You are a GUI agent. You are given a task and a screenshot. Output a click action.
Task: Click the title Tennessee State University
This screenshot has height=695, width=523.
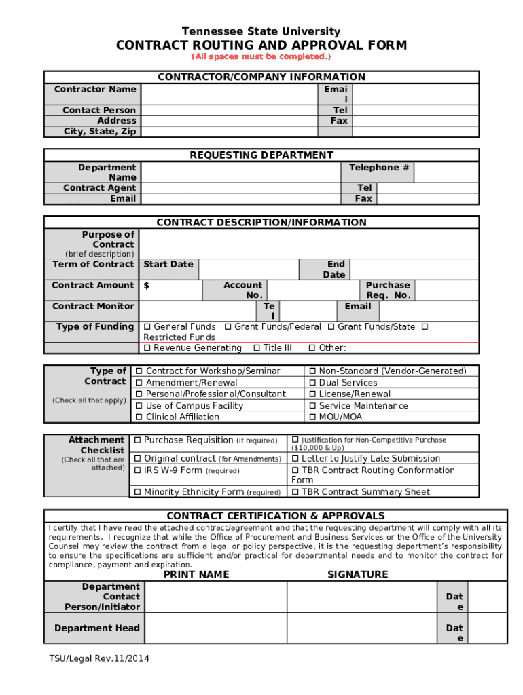(x=261, y=31)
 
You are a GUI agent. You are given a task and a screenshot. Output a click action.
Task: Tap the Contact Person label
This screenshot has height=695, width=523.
(x=99, y=110)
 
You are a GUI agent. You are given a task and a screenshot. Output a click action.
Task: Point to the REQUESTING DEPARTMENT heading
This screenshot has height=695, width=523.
(x=261, y=155)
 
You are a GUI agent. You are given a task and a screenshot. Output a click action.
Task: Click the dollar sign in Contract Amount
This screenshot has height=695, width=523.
(x=147, y=286)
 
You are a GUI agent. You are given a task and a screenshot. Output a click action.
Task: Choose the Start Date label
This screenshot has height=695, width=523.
(x=168, y=264)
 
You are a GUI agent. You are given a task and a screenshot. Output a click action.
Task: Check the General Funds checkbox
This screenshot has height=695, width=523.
(x=147, y=327)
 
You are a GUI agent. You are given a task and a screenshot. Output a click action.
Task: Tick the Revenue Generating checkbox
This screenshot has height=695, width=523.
(x=147, y=348)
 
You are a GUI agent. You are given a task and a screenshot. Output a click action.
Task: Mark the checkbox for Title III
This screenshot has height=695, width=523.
(x=257, y=348)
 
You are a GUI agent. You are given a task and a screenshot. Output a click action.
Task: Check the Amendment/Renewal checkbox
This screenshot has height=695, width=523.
(x=139, y=383)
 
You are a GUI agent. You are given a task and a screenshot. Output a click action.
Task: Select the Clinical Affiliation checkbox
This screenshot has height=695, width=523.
(x=139, y=417)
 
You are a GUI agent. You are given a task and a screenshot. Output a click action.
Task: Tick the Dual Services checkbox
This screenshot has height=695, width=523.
(x=312, y=383)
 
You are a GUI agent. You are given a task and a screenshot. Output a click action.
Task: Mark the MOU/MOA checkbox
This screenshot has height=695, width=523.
(x=312, y=417)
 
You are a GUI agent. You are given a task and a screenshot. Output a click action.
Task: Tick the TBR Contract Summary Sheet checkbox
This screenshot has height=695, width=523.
(x=295, y=492)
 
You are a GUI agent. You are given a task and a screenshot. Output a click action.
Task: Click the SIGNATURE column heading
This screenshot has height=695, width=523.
(x=357, y=574)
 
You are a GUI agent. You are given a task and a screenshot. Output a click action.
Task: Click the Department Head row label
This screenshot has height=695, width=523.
(x=97, y=628)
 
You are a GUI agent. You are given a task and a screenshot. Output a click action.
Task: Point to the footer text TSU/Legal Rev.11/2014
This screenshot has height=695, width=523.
(x=99, y=658)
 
